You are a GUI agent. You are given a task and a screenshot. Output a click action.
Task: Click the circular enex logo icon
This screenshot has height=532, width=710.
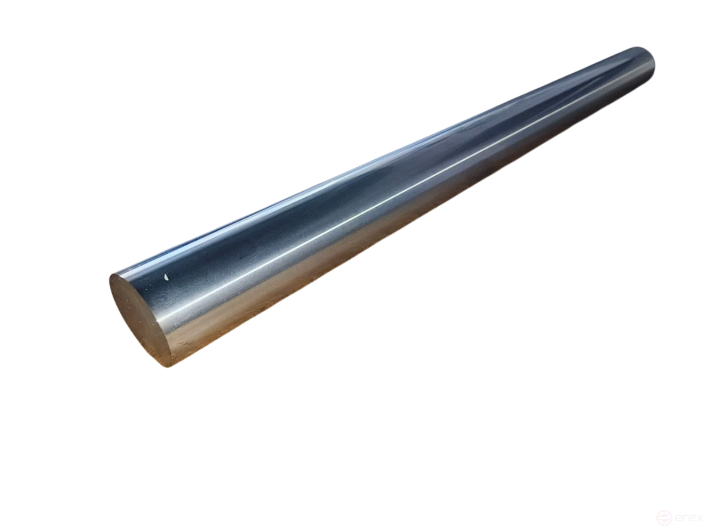click(x=665, y=517)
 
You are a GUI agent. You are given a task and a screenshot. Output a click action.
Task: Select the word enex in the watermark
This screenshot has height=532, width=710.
click(x=689, y=518)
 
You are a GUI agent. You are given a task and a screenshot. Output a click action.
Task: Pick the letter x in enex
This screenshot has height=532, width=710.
click(x=700, y=518)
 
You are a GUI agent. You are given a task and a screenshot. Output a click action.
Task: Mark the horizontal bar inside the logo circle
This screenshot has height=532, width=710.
click(x=665, y=518)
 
